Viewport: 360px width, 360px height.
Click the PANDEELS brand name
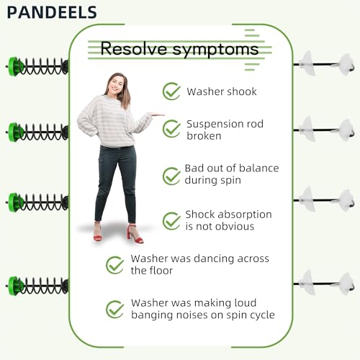click(x=52, y=12)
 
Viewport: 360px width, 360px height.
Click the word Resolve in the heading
click(x=134, y=48)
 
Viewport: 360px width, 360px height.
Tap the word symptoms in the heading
click(x=215, y=50)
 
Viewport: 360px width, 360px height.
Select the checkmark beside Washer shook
click(x=171, y=91)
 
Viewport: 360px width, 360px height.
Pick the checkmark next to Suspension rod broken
click(x=171, y=129)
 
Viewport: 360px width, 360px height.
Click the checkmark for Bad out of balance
click(x=171, y=176)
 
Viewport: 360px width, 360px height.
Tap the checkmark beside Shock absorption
click(x=171, y=221)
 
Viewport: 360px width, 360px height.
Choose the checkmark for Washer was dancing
click(x=115, y=265)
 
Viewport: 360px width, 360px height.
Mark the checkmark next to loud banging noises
click(x=115, y=309)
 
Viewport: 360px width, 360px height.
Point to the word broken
click(x=204, y=136)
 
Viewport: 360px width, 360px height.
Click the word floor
click(x=160, y=271)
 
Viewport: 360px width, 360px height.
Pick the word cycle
click(x=262, y=315)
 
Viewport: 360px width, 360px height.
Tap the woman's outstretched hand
click(x=157, y=114)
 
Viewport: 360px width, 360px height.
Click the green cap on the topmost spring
click(x=14, y=66)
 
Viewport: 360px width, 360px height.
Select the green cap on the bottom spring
click(x=14, y=286)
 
